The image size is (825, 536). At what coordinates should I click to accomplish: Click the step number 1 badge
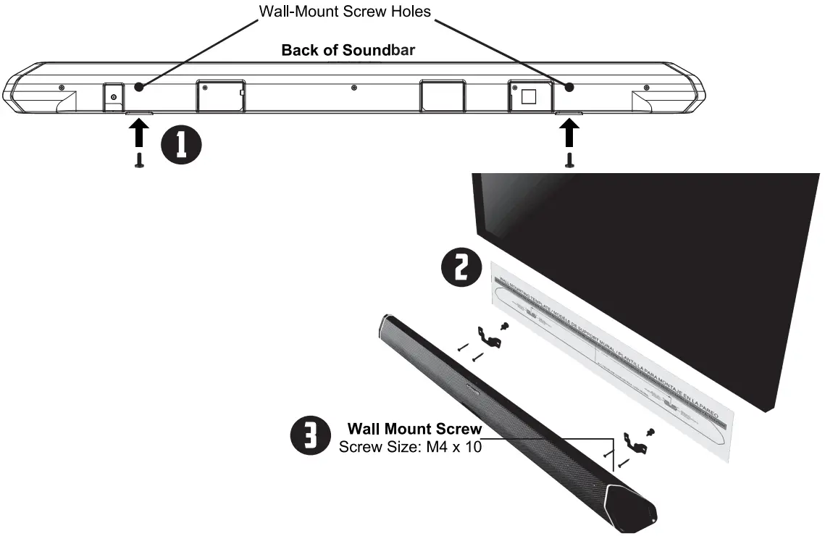(183, 143)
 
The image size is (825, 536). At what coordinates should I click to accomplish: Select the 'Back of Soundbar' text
(348, 50)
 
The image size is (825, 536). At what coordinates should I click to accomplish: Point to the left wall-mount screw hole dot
(138, 86)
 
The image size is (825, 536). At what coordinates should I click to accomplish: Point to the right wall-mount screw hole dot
(569, 87)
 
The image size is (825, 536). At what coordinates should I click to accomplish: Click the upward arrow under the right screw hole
(570, 134)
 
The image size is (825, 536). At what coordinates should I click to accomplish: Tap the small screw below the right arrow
(570, 160)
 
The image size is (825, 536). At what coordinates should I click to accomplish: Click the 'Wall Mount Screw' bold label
(414, 429)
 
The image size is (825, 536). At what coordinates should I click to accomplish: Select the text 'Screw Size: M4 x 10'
(410, 447)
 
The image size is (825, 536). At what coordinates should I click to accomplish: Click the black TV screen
(652, 239)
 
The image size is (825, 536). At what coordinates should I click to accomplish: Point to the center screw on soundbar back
(353, 88)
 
